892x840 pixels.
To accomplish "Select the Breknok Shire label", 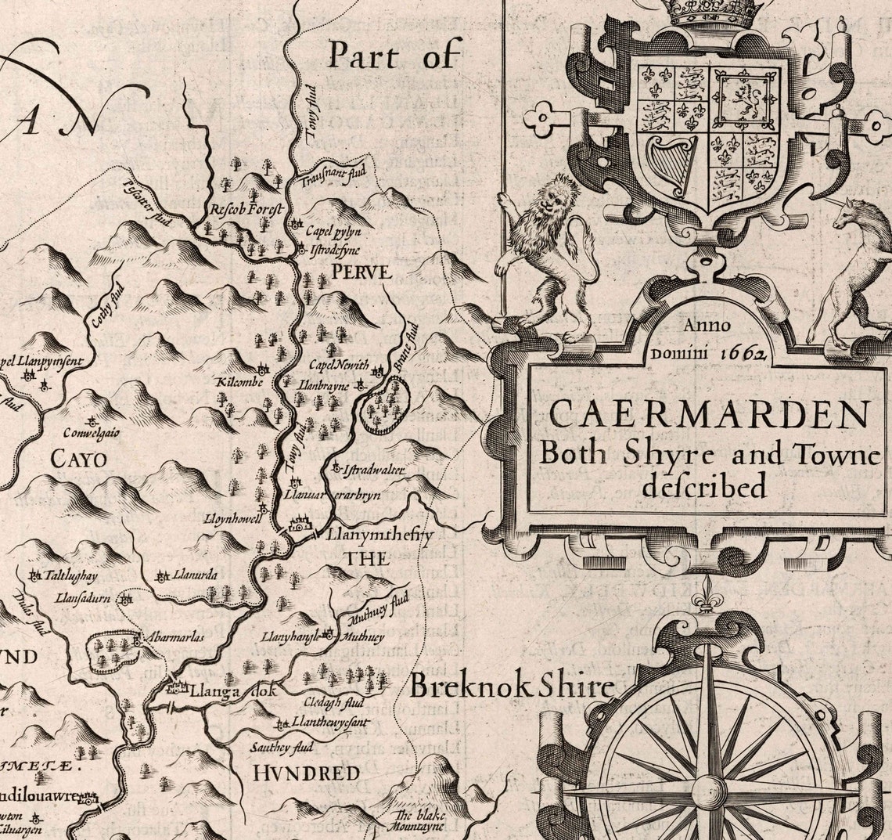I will (512, 687).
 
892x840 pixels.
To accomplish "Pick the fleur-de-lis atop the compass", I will (708, 590).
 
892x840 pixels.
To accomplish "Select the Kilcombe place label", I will (239, 381).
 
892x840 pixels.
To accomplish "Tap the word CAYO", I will (78, 459).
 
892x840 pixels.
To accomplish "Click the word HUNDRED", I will (306, 773).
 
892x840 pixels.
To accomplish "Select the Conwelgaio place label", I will (92, 432).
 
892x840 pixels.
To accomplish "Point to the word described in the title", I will (703, 486).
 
